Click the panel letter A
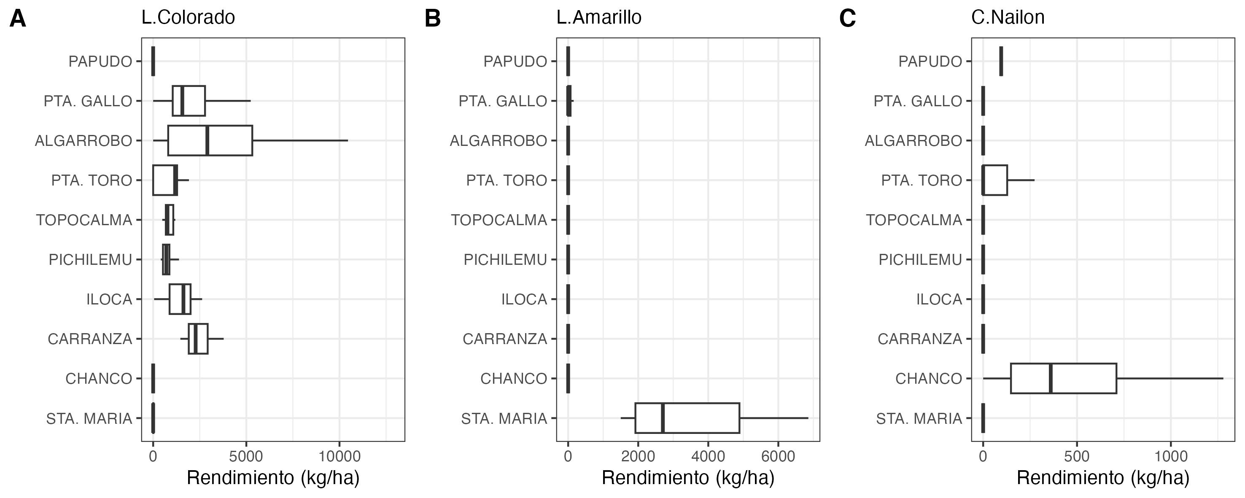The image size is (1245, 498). (x=18, y=19)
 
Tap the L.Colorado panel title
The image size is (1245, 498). (x=188, y=17)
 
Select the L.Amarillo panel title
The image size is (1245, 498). (x=599, y=17)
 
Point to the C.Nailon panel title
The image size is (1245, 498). (x=1008, y=17)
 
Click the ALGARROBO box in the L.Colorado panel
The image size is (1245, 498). (x=210, y=140)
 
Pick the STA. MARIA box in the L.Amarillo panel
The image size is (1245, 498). (x=687, y=418)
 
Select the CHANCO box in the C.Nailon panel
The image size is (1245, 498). (x=1063, y=378)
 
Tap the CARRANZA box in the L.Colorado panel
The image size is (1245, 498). (x=198, y=339)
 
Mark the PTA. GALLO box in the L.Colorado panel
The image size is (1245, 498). (x=189, y=101)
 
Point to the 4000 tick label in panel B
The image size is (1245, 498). (x=708, y=456)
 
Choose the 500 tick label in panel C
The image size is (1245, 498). (x=1077, y=456)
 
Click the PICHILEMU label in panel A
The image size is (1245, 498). (x=90, y=260)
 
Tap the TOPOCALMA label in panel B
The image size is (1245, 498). (x=499, y=220)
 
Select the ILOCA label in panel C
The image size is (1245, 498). (x=939, y=299)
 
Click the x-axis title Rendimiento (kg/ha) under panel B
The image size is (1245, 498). (x=688, y=478)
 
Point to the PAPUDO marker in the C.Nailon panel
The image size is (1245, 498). (x=1001, y=61)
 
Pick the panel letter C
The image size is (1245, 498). (x=848, y=19)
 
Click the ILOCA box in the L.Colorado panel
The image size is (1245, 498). (x=180, y=299)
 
